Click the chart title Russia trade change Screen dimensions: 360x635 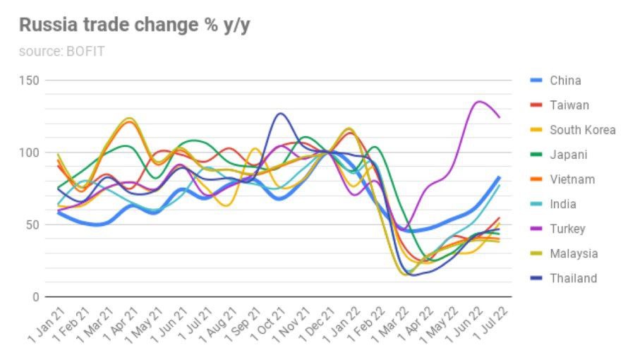tap(134, 25)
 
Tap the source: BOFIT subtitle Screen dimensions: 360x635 tap(61, 52)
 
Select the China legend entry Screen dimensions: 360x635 tap(565, 80)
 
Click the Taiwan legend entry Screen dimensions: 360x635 tap(569, 105)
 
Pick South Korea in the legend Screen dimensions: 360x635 tap(582, 130)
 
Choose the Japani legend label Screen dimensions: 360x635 tap(568, 155)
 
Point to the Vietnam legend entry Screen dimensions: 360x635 tap(571, 179)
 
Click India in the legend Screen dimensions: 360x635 tap(563, 204)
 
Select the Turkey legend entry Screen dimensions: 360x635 tap(567, 229)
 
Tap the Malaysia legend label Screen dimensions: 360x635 tap(574, 253)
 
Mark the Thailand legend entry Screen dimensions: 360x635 tap(573, 278)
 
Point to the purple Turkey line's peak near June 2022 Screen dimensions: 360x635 tap(480, 102)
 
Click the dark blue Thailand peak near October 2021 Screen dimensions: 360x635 tap(281, 113)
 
